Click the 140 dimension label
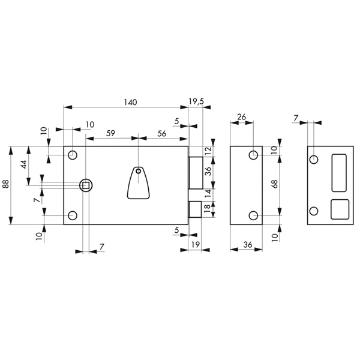click(130, 102)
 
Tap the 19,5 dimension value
click(196, 101)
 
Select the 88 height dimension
click(5, 184)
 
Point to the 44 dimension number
click(23, 164)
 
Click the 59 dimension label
click(110, 133)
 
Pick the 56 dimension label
click(161, 133)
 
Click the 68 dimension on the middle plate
click(275, 184)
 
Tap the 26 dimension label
click(242, 117)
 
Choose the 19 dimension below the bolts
click(196, 245)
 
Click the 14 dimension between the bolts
click(208, 194)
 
